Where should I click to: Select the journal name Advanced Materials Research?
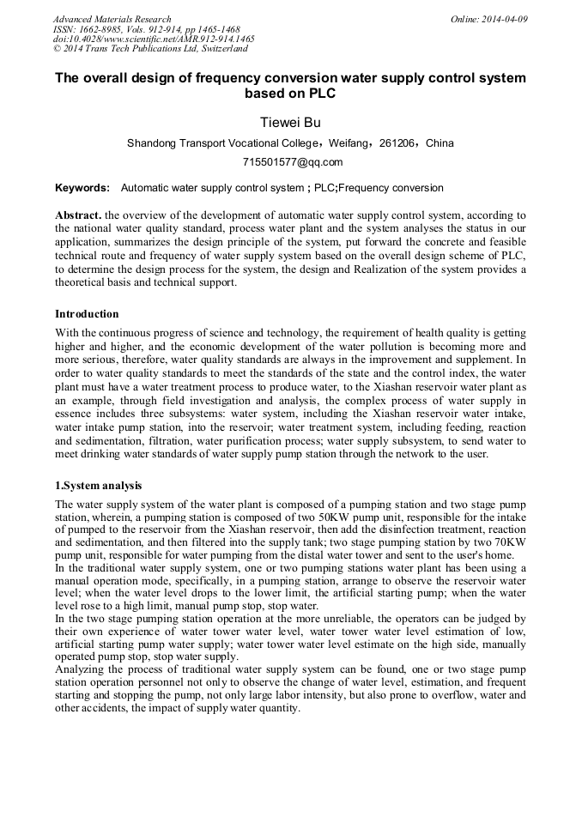click(x=112, y=19)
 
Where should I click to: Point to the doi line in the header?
click(x=154, y=39)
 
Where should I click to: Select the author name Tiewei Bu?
click(x=290, y=122)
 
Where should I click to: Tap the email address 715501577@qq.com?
click(x=290, y=162)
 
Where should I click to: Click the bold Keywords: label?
click(x=82, y=188)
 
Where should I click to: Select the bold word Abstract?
click(x=78, y=215)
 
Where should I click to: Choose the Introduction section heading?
click(x=87, y=314)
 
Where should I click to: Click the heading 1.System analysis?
click(x=99, y=486)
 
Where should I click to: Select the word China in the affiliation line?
click(x=440, y=143)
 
